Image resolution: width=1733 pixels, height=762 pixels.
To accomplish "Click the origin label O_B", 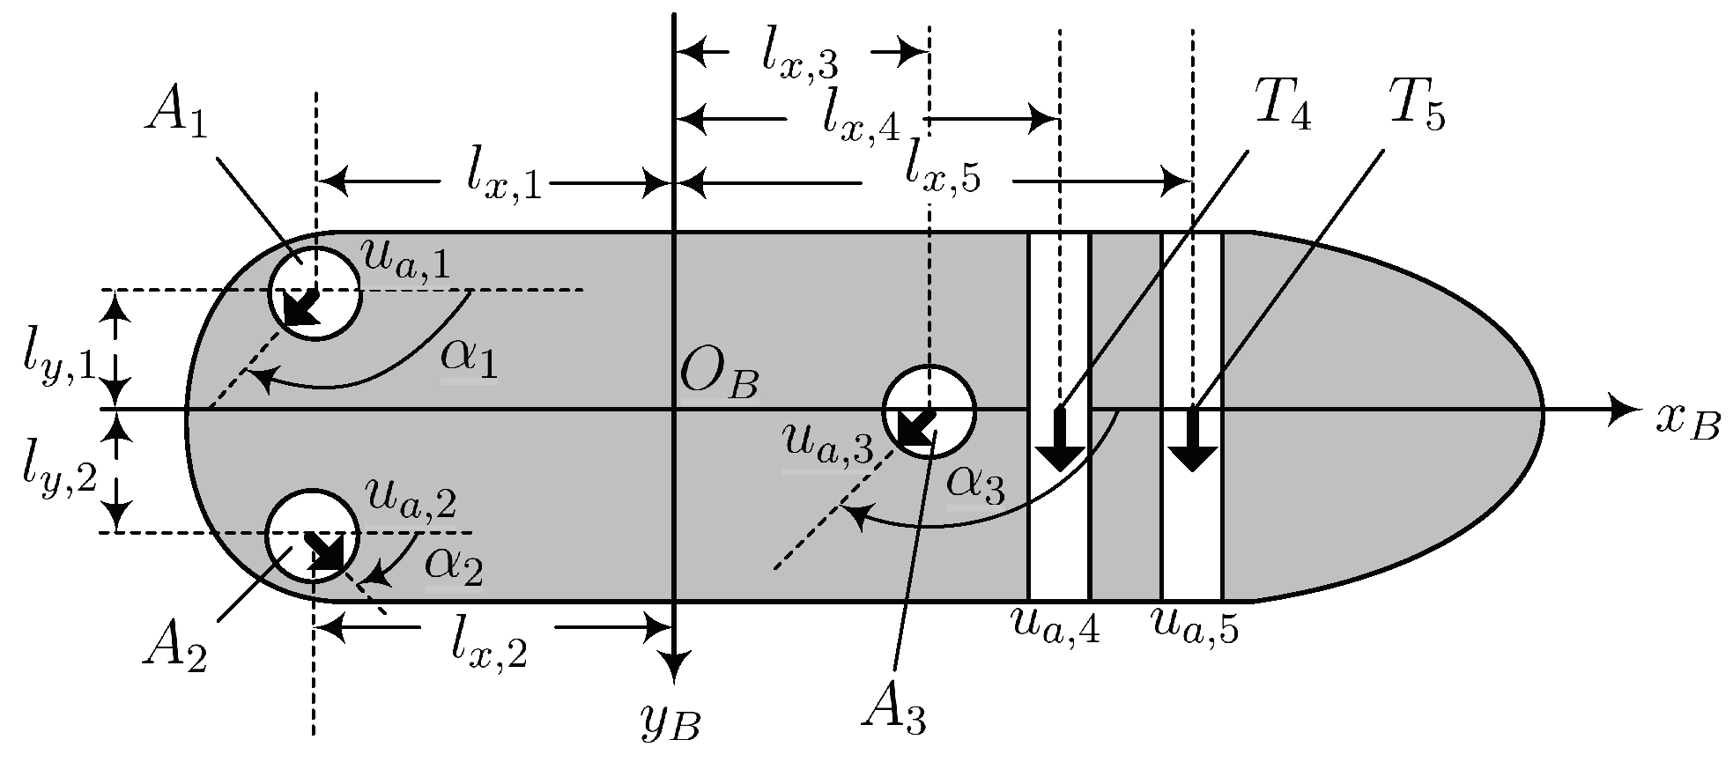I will point(719,382).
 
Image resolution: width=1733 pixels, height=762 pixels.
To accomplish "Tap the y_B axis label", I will point(673,724).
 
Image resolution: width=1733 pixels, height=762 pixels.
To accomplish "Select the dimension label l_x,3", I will point(800,58).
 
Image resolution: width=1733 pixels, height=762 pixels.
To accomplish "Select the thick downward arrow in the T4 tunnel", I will point(1059,440).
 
